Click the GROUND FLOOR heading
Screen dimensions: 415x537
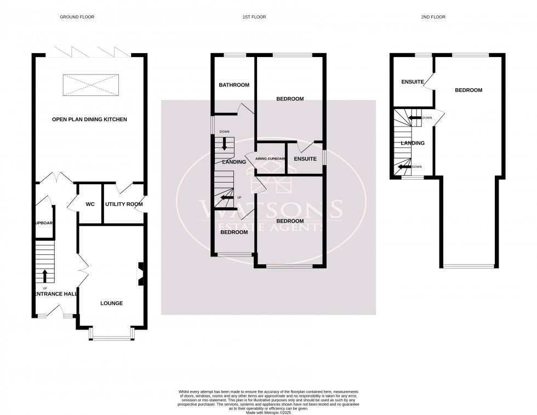tap(77, 17)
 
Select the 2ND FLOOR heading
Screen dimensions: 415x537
tap(433, 17)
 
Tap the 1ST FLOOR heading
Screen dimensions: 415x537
tap(254, 17)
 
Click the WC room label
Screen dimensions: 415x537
tap(90, 204)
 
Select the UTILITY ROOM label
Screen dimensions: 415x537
tap(124, 204)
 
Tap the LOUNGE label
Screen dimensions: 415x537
tap(112, 303)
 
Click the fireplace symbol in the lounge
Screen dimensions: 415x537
tap(140, 274)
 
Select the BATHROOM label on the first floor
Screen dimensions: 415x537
tap(234, 85)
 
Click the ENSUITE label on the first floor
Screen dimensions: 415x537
tap(305, 159)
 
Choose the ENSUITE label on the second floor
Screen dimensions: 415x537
tap(413, 82)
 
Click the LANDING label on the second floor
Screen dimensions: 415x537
tap(413, 143)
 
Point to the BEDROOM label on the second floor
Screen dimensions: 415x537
tap(469, 90)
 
